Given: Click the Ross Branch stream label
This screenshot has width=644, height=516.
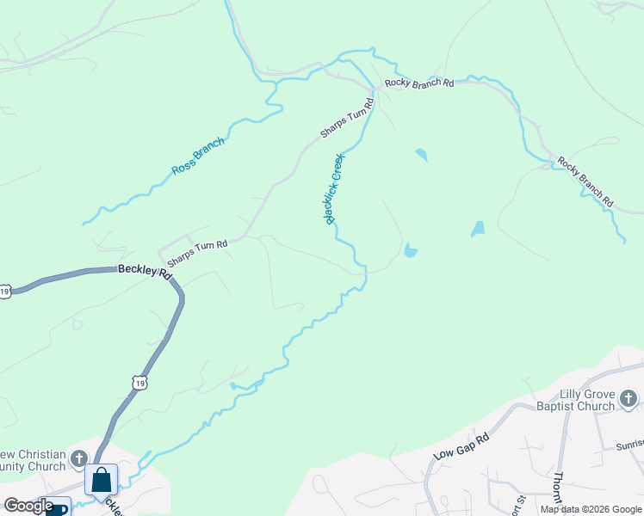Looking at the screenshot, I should point(198,157).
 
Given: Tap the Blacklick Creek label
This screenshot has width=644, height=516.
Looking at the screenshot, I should point(334,189).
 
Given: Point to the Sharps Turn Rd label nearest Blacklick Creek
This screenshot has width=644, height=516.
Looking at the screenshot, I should point(347,119).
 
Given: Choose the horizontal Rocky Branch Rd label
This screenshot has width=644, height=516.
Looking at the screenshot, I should point(419,83).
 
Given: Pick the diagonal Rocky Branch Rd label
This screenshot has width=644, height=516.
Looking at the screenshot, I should point(585,181).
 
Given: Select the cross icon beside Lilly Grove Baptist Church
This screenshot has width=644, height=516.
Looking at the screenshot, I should point(629,398).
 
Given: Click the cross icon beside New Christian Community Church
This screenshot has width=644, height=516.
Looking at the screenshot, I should point(79,458).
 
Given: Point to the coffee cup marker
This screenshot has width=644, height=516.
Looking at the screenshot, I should point(58,508).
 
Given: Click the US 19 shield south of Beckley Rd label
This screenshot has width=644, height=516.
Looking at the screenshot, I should point(139,380).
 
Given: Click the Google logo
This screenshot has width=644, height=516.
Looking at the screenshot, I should point(28,506).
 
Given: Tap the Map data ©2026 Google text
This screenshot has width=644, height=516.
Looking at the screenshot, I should point(590,509).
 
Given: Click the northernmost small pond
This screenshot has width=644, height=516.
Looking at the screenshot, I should point(421,155).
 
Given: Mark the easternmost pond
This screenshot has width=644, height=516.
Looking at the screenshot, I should point(478,229).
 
